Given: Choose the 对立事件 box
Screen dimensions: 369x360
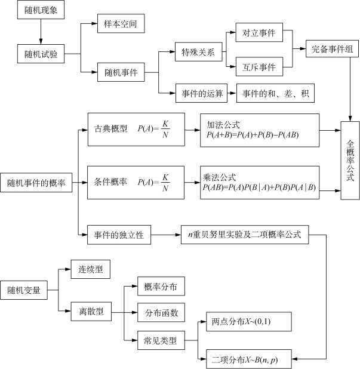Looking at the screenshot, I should tap(259, 33).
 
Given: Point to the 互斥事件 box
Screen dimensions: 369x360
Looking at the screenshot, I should tap(259, 67).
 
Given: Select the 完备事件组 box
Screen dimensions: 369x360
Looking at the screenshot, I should tap(331, 50).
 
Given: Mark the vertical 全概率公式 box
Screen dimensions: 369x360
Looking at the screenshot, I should tap(349, 160).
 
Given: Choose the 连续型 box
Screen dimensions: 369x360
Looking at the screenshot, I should tap(91, 270).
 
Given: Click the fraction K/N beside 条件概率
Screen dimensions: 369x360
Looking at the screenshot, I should tap(165, 183).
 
